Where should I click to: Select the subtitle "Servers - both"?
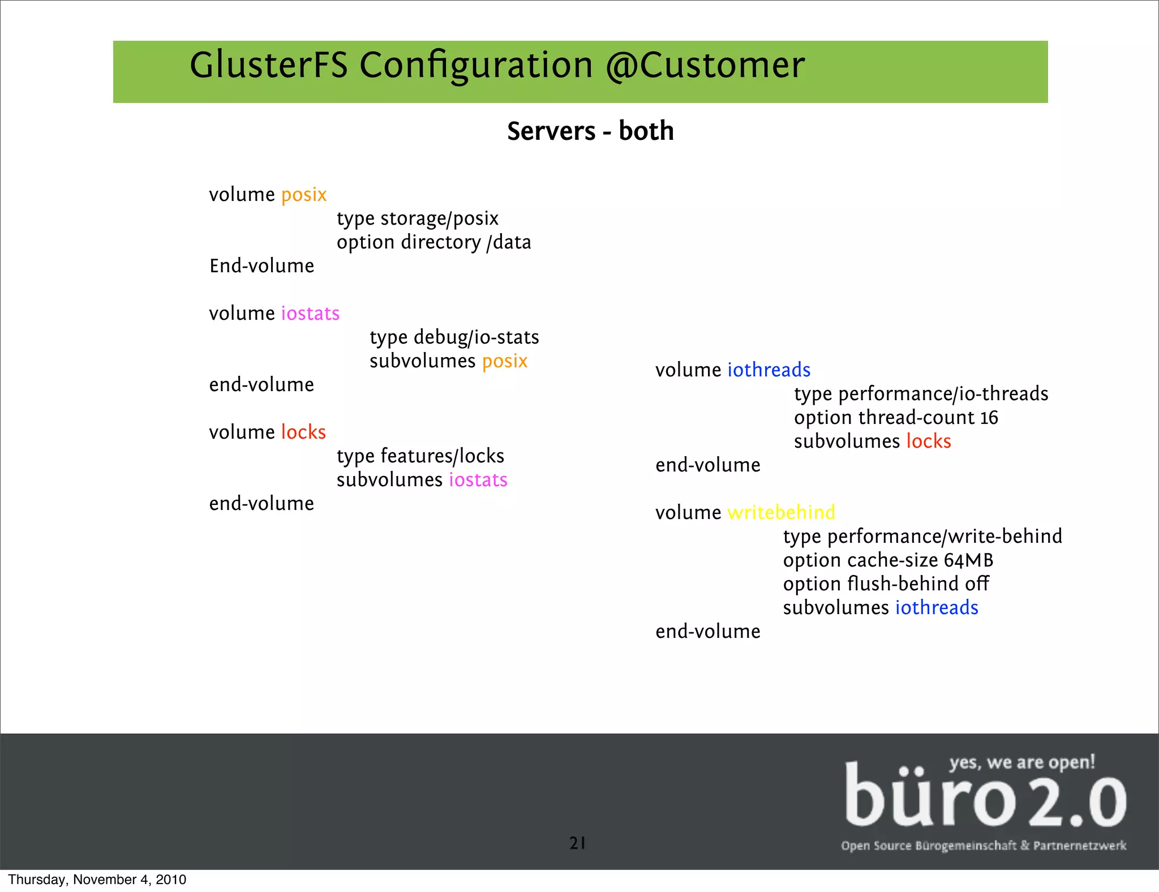590,131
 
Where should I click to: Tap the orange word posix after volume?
304,195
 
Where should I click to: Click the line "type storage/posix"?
417,218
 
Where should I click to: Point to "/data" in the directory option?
509,242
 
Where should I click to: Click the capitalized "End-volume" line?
261,266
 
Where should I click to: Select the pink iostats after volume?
310,314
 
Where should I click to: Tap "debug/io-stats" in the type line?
477,337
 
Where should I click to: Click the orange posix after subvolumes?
505,361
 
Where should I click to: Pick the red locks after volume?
303,432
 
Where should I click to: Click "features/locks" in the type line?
442,456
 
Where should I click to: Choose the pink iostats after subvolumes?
478,480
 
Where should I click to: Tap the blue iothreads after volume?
769,370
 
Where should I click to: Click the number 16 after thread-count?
989,418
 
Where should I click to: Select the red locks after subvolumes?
929,441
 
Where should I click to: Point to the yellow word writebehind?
781,513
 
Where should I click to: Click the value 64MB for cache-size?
968,560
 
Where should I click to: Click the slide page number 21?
577,843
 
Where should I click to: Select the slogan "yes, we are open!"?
1022,762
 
